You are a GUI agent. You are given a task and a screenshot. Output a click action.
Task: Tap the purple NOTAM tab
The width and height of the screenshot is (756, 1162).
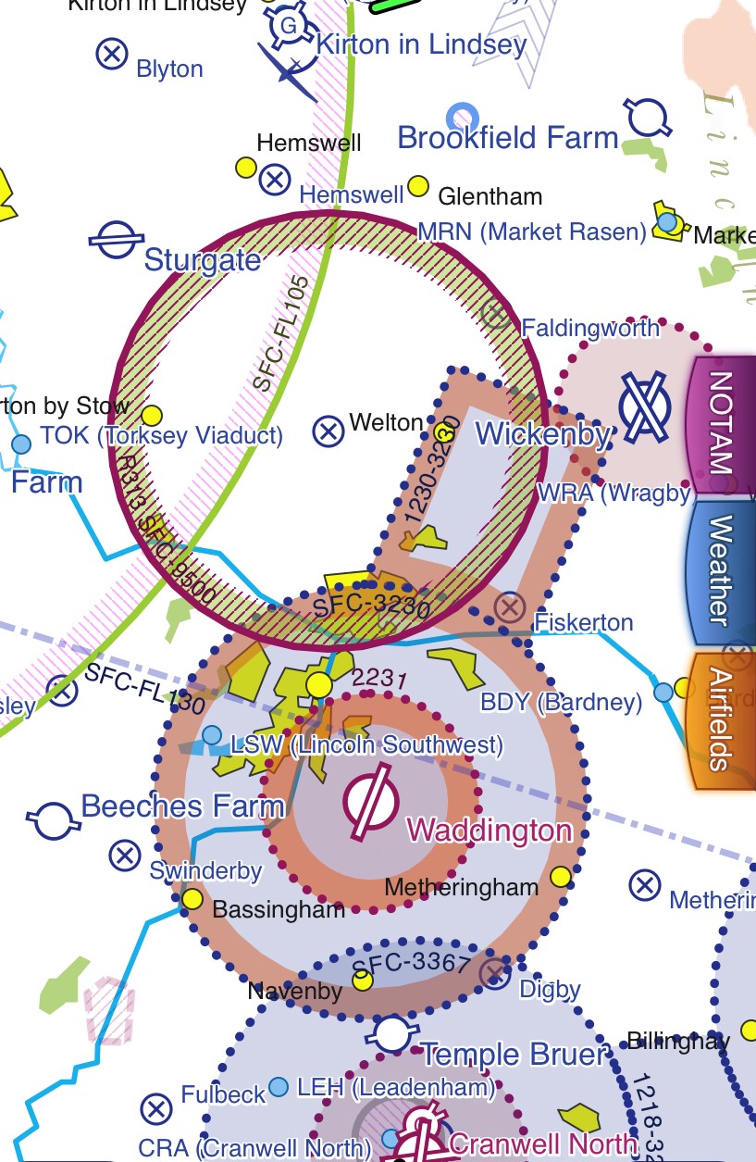pyautogui.click(x=720, y=421)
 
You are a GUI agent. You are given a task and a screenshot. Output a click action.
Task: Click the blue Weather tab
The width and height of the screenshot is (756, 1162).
pyautogui.click(x=720, y=570)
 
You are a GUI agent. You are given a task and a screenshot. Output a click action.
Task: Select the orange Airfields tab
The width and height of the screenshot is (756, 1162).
pyautogui.click(x=720, y=718)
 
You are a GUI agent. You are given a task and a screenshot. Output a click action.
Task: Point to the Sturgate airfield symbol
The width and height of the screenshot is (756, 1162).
pyautogui.click(x=116, y=241)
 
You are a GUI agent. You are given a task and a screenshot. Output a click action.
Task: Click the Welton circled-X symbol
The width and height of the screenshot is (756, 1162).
pyautogui.click(x=328, y=431)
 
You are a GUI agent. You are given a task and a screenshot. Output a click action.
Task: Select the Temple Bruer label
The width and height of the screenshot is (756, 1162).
pyautogui.click(x=514, y=1054)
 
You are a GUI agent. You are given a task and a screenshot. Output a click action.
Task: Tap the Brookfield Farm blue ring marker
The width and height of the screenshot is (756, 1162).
pyautogui.click(x=462, y=118)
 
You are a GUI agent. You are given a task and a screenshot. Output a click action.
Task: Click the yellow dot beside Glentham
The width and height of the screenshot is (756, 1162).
pyautogui.click(x=418, y=186)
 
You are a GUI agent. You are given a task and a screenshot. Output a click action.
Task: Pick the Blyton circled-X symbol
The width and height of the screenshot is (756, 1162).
pyautogui.click(x=112, y=54)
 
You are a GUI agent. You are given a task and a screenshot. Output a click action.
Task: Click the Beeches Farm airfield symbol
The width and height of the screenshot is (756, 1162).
pyautogui.click(x=52, y=818)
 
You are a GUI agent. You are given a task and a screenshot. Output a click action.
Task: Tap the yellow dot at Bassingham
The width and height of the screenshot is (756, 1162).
pyautogui.click(x=192, y=898)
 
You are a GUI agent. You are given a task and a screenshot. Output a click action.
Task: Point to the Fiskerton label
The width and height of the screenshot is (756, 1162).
pyautogui.click(x=584, y=621)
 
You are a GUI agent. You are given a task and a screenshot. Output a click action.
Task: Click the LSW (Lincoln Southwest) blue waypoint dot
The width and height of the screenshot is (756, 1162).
pyautogui.click(x=212, y=735)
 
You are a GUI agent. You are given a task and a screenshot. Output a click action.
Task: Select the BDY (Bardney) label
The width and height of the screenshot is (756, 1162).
pyautogui.click(x=561, y=702)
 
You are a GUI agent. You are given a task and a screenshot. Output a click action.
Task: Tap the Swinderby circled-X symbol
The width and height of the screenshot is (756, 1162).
pyautogui.click(x=125, y=855)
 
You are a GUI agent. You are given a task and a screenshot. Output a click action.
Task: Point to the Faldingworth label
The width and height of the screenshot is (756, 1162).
pyautogui.click(x=590, y=328)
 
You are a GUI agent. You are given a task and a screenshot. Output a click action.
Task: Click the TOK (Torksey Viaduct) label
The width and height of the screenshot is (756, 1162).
pyautogui.click(x=162, y=435)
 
